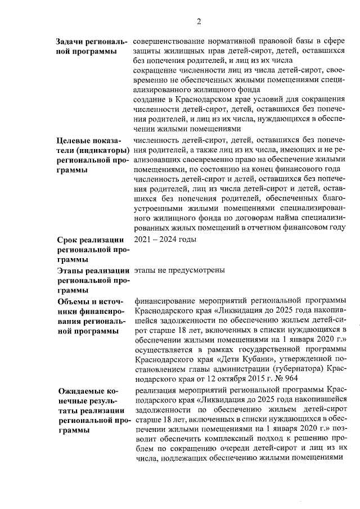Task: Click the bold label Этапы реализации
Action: (92, 271)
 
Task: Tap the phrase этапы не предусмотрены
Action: (180, 270)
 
